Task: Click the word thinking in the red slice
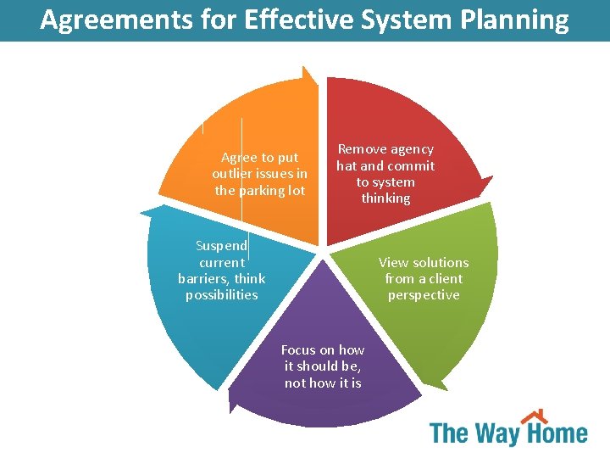(385, 198)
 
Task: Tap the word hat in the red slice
(347, 166)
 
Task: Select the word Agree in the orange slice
(237, 158)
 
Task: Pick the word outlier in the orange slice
(232, 174)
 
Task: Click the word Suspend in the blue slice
(221, 246)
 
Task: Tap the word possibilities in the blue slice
(222, 295)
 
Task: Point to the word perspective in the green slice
(424, 295)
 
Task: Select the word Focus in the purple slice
(297, 350)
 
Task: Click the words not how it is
(323, 383)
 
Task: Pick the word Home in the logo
(557, 434)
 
